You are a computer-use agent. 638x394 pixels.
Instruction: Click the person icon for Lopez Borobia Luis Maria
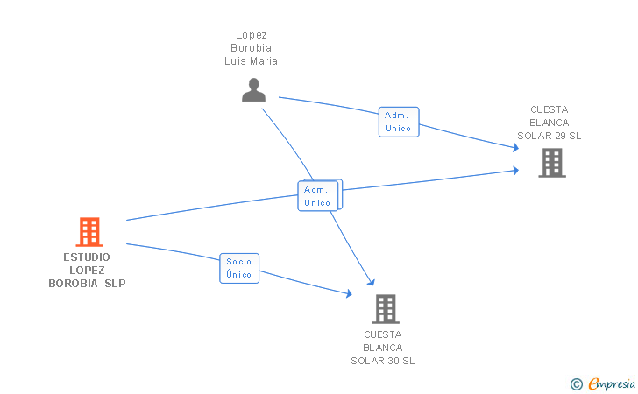[253, 90]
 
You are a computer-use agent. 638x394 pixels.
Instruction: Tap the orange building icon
[89, 232]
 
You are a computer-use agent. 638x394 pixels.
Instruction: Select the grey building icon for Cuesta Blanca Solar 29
[551, 162]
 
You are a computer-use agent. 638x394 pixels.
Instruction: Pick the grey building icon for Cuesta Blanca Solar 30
[386, 308]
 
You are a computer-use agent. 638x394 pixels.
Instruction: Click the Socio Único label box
[238, 268]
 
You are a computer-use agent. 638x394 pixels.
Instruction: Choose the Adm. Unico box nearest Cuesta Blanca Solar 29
[398, 122]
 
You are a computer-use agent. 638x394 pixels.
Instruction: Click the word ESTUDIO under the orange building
[87, 257]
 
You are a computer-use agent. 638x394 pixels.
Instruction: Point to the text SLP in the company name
[116, 284]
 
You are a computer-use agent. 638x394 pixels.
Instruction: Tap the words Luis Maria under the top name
[252, 61]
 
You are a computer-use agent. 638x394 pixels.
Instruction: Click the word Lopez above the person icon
[252, 35]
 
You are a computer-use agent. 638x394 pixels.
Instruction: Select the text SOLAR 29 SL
[549, 136]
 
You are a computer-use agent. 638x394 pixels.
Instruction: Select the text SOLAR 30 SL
[383, 361]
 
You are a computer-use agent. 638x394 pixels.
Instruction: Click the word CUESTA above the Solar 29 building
[549, 109]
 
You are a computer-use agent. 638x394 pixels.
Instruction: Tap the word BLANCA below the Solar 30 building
[383, 348]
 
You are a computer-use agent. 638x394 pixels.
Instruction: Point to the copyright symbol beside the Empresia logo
[576, 383]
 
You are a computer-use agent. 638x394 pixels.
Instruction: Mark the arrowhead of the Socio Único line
[350, 294]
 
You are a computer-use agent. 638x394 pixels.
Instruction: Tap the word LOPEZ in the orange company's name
[87, 271]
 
